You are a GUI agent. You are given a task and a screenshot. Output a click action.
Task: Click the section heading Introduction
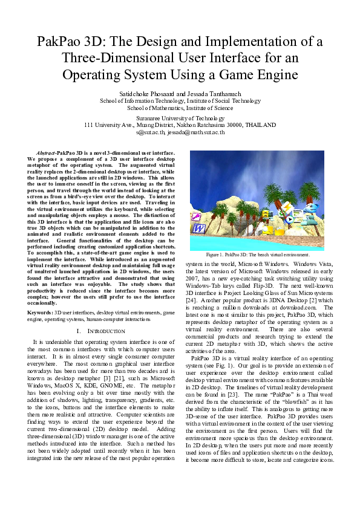tap(99, 332)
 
